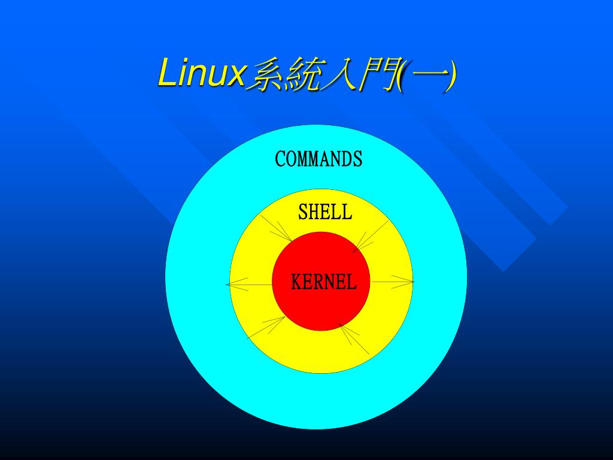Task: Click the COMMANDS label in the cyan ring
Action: click(x=318, y=159)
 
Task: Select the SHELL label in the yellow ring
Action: click(x=325, y=212)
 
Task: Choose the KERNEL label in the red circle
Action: click(x=323, y=282)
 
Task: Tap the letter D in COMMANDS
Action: click(x=347, y=159)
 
